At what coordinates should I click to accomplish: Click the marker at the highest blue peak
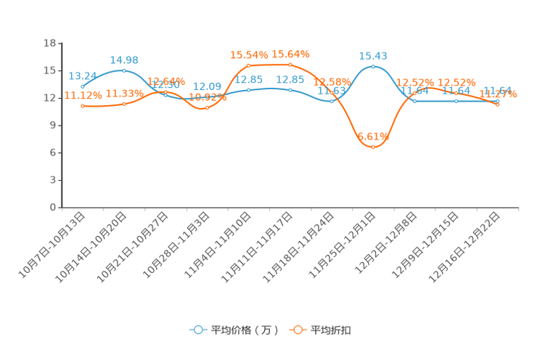[x=373, y=67]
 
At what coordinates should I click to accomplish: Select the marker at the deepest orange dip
[x=373, y=147]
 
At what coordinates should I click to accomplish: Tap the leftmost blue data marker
[x=83, y=86]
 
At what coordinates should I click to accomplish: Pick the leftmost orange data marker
[x=83, y=107]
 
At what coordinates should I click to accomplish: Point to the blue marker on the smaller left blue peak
[x=124, y=70]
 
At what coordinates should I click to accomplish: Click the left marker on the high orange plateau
[x=249, y=65]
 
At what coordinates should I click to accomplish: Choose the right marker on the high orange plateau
[x=290, y=65]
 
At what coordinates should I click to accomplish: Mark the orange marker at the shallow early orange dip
[x=207, y=109]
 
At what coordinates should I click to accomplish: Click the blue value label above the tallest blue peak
[x=373, y=55]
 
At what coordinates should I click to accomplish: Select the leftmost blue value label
[x=83, y=75]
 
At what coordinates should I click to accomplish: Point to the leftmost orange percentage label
[x=83, y=95]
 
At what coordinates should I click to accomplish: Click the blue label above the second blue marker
[x=124, y=60]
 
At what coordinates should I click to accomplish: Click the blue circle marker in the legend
[x=198, y=330]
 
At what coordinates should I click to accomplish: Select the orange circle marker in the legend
[x=298, y=330]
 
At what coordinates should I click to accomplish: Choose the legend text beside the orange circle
[x=332, y=330]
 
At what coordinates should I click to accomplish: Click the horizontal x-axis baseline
[x=290, y=208]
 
